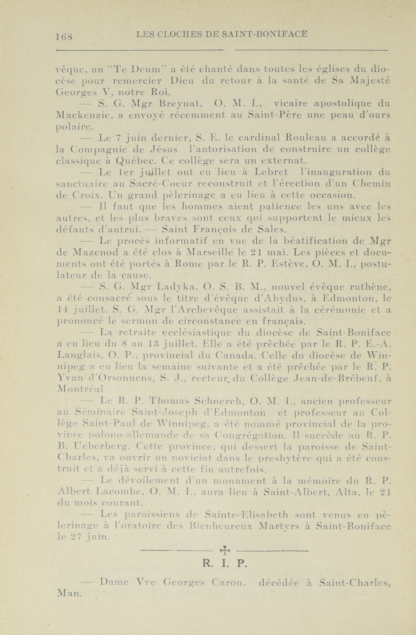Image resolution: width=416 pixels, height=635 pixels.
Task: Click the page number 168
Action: (x=64, y=36)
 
